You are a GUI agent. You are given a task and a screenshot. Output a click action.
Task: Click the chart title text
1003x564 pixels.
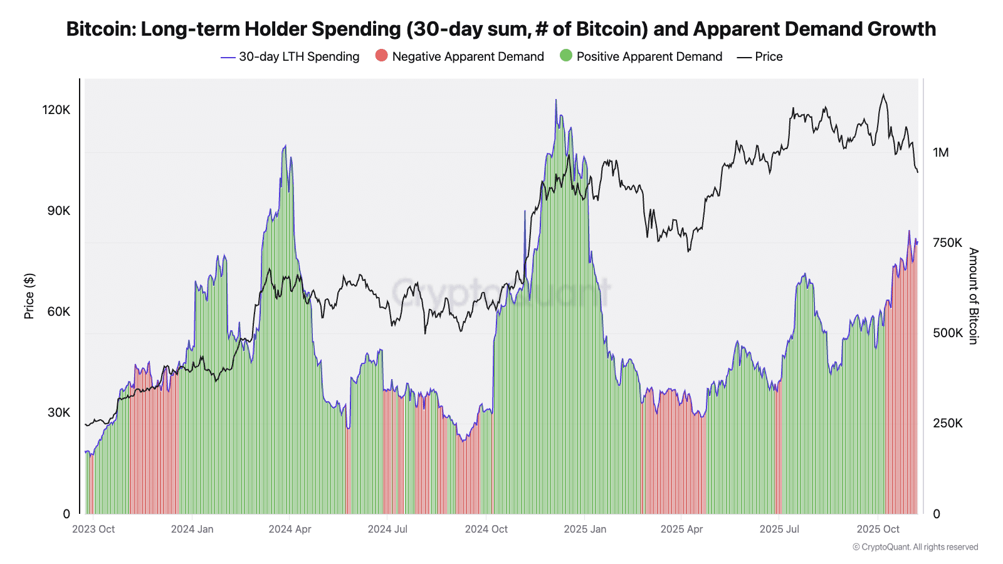tap(501, 29)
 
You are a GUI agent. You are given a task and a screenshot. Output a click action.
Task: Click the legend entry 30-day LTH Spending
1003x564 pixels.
tap(298, 56)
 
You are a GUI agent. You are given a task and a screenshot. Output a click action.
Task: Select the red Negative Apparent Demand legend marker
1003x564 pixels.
tap(381, 56)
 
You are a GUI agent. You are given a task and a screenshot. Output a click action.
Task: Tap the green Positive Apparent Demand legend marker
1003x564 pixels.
tap(566, 56)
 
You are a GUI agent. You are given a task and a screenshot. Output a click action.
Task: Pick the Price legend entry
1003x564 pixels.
tap(768, 56)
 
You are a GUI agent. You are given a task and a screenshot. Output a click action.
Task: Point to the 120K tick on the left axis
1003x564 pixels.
tap(56, 110)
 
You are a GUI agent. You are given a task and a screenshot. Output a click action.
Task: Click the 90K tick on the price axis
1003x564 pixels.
tap(59, 211)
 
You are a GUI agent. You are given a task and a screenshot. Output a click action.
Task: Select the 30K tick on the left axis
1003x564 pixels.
tap(59, 412)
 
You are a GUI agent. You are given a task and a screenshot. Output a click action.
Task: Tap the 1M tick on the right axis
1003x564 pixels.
tap(940, 152)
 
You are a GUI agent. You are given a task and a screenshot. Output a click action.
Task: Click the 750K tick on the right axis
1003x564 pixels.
tap(947, 243)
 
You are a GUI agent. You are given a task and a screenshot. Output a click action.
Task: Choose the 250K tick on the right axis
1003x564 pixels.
tap(947, 423)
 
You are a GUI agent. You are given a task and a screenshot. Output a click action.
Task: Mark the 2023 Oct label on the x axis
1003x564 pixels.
tap(93, 529)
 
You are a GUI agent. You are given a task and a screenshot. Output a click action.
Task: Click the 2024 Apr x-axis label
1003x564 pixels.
tap(290, 529)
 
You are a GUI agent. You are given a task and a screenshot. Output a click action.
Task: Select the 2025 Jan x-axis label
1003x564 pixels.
tap(585, 529)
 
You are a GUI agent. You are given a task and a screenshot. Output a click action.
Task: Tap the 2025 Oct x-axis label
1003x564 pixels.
tap(878, 529)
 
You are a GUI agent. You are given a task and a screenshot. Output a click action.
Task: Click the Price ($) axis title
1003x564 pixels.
tap(29, 296)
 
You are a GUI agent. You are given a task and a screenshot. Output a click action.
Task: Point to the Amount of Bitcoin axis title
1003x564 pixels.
tap(973, 296)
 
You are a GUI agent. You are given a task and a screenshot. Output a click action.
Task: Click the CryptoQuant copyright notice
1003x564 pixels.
tap(915, 547)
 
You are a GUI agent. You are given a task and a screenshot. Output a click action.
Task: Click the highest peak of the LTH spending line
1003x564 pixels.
tap(555, 100)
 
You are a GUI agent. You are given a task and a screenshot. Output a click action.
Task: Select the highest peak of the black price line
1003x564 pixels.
tap(883, 95)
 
